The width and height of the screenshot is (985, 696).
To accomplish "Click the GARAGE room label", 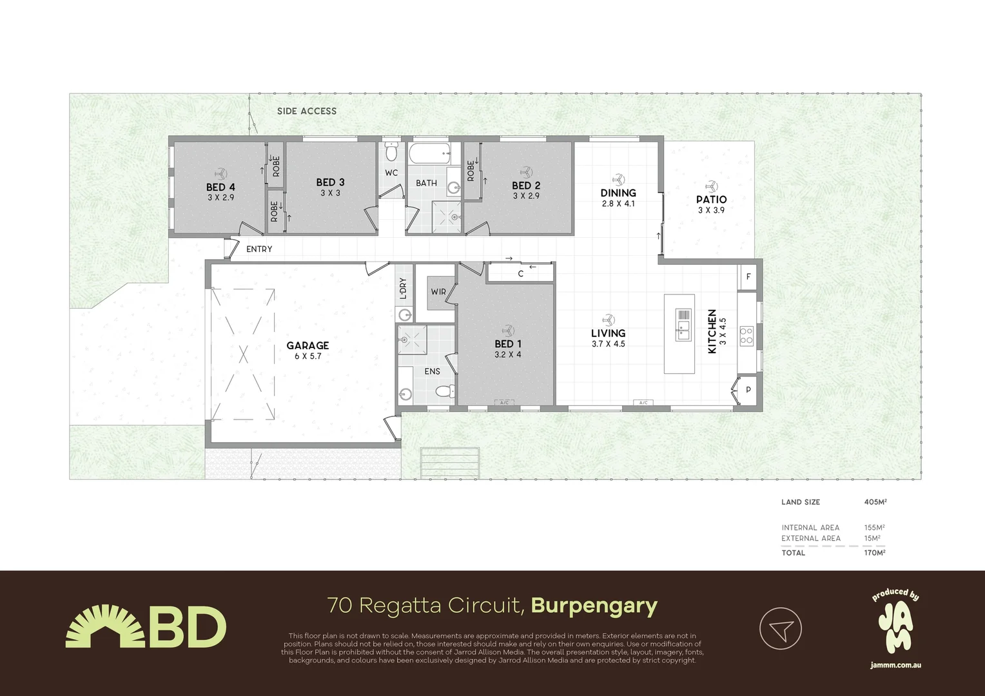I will coord(307,346).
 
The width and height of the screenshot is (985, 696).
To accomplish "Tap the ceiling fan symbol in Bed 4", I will coord(220,173).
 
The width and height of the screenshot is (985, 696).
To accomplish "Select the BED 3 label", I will coord(330,182).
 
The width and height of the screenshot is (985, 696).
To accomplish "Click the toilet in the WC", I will coord(391,153).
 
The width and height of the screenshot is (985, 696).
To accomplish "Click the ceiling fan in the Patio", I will coord(711,186).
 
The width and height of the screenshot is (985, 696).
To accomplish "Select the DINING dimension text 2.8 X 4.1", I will coord(618,204).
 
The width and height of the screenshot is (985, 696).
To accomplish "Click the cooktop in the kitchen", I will coord(746,335).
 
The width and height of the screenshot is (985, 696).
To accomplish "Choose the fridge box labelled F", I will coord(748,277).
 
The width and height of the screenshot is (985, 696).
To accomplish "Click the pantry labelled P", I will coord(748,390).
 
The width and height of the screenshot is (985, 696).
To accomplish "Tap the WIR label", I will coord(438,292).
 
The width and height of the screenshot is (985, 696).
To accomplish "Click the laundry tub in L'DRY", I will coord(404,315).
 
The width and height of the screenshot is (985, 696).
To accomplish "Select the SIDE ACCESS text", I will coord(307,111).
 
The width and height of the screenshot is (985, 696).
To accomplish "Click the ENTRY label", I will coord(259,249).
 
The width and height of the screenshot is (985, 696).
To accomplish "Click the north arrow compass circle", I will coord(780,628).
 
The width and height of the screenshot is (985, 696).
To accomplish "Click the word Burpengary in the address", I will coord(594,606).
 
